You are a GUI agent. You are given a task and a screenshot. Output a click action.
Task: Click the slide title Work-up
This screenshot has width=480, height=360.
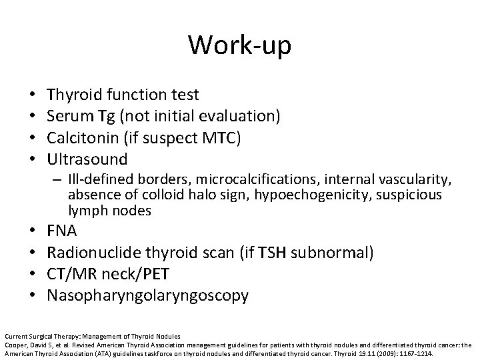click(239, 45)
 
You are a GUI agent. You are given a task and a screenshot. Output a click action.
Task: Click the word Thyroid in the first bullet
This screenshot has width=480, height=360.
click(75, 96)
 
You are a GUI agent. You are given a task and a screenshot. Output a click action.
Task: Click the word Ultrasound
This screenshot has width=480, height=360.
click(87, 160)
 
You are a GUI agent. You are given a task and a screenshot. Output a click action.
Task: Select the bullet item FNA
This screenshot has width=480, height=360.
click(62, 231)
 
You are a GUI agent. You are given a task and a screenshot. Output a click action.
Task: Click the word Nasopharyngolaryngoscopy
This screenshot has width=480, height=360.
click(147, 295)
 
